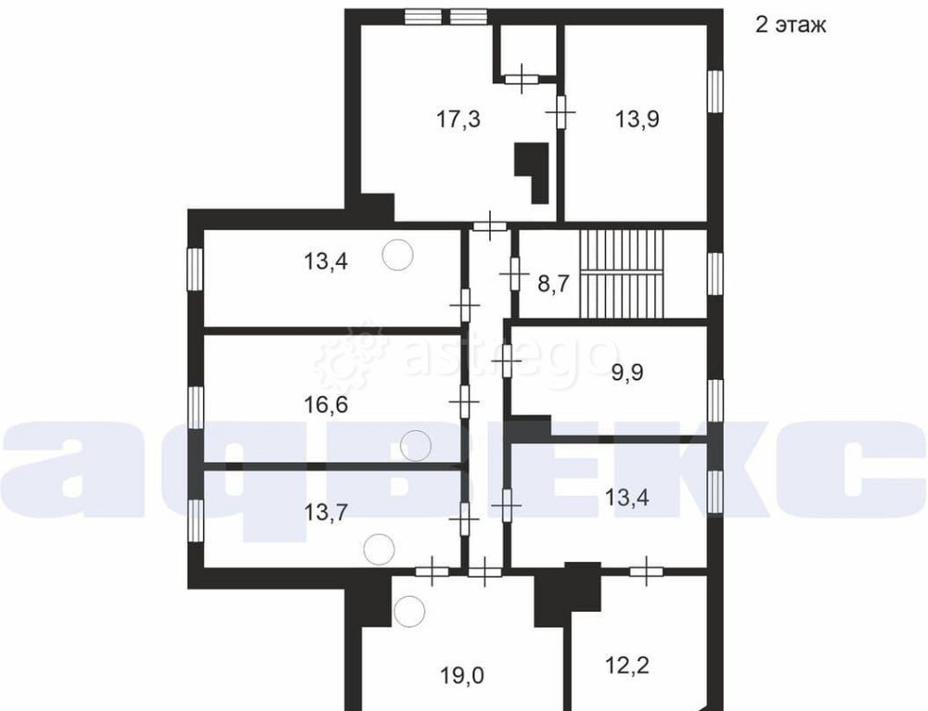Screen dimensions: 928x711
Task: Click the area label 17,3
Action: coord(458,120)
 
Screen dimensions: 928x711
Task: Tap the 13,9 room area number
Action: coord(637,120)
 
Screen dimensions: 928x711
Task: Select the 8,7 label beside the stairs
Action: coord(553,284)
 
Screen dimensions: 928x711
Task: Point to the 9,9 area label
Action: coord(627,373)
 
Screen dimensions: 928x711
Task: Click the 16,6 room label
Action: coord(326,405)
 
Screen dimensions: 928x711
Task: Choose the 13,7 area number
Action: coord(326,512)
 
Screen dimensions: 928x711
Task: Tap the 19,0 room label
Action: coord(461,674)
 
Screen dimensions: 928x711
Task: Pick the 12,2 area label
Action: coord(627,666)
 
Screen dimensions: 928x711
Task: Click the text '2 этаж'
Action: coord(790,25)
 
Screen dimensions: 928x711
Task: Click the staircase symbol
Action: coord(622,273)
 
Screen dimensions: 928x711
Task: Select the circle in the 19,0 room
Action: coord(410,612)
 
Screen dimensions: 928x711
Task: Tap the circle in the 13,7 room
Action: coord(379,549)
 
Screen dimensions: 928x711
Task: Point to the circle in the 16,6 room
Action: coord(416,446)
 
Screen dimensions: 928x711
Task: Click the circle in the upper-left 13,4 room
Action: coord(397,255)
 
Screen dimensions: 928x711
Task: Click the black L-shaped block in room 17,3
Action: coord(533,172)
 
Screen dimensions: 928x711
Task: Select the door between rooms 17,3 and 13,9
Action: coord(561,112)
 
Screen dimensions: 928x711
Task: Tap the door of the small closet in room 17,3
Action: coord(522,79)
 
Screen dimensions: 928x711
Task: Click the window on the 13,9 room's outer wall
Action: coord(716,91)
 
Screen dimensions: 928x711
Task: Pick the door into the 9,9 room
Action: coord(507,360)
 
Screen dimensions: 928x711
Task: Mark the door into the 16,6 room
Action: coord(465,401)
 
